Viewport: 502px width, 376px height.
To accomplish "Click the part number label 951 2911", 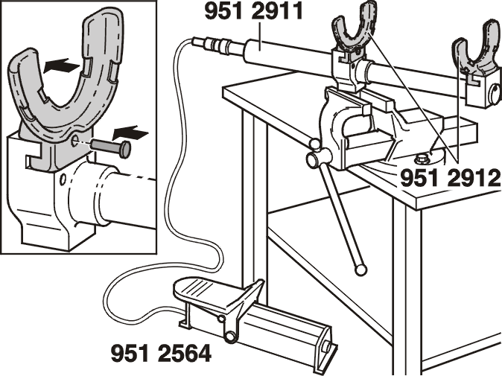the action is point(253,12).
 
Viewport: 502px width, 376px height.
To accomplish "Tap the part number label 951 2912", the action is point(450,178).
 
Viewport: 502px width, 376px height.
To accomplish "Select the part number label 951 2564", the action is point(161,353).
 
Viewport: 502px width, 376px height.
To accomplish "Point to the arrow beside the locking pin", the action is point(130,133).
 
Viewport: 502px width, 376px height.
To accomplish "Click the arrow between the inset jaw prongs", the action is point(61,66).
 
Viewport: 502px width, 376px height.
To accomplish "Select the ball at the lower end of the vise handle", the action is point(360,270).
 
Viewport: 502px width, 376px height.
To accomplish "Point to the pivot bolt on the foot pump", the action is point(229,336).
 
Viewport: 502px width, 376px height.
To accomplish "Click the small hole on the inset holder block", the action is point(63,179).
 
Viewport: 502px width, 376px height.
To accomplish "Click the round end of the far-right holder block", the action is point(496,95).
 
